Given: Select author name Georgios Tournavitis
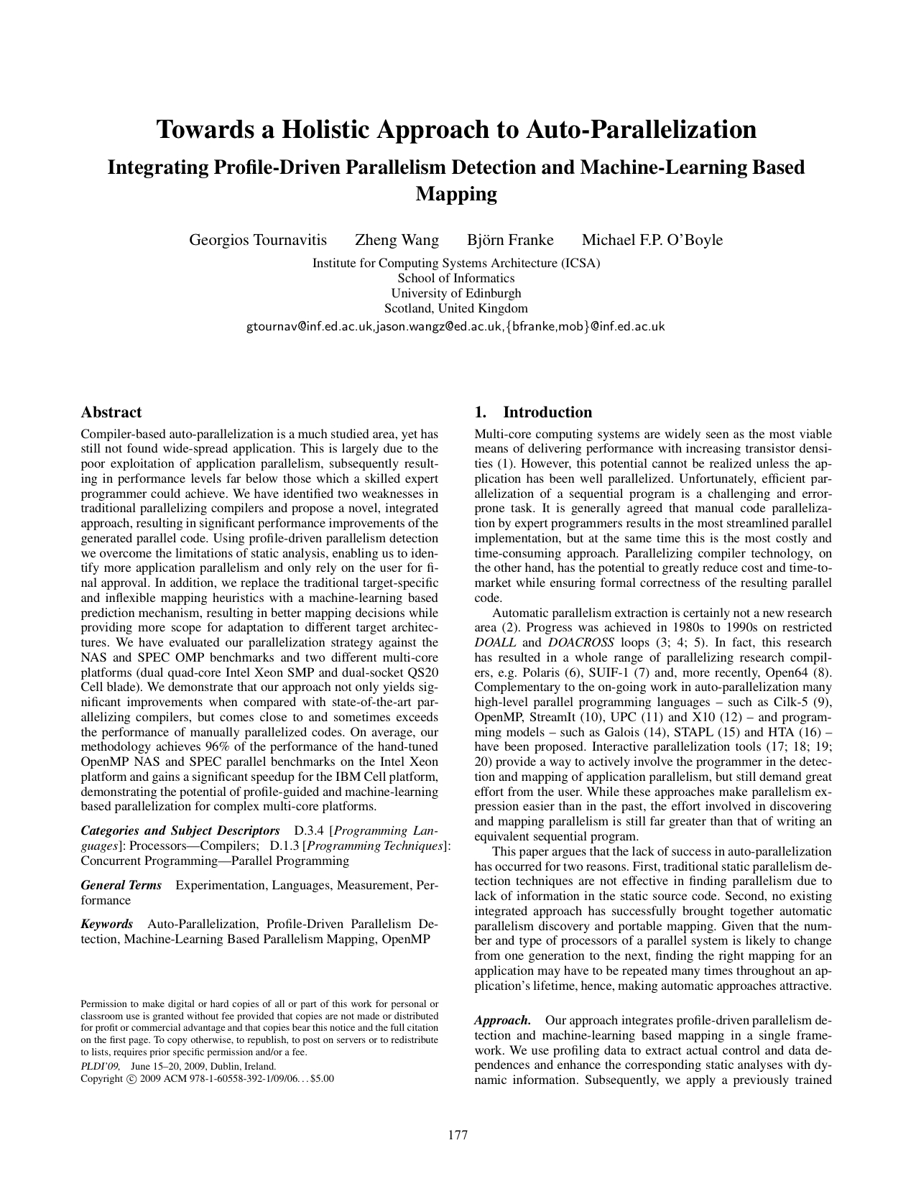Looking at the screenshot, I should [x=258, y=240].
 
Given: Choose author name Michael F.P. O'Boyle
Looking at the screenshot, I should [x=652, y=240].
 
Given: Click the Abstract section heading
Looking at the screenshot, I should [x=111, y=412].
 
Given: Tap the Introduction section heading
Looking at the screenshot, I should [x=547, y=412].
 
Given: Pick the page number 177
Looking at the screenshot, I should [x=458, y=1135].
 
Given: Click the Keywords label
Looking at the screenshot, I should [x=107, y=924].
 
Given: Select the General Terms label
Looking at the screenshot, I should [x=121, y=885].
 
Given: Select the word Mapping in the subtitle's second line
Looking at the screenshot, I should [x=457, y=194].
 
